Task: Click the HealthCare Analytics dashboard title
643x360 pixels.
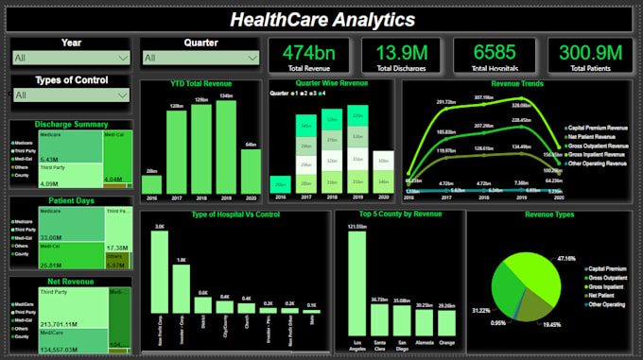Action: tap(321, 18)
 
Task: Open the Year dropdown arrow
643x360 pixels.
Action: tap(121, 59)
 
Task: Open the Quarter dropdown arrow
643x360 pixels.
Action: tap(251, 59)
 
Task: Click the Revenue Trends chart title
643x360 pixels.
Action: tap(517, 84)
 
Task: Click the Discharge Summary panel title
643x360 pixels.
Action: tap(71, 124)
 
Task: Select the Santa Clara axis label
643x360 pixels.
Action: tap(378, 341)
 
